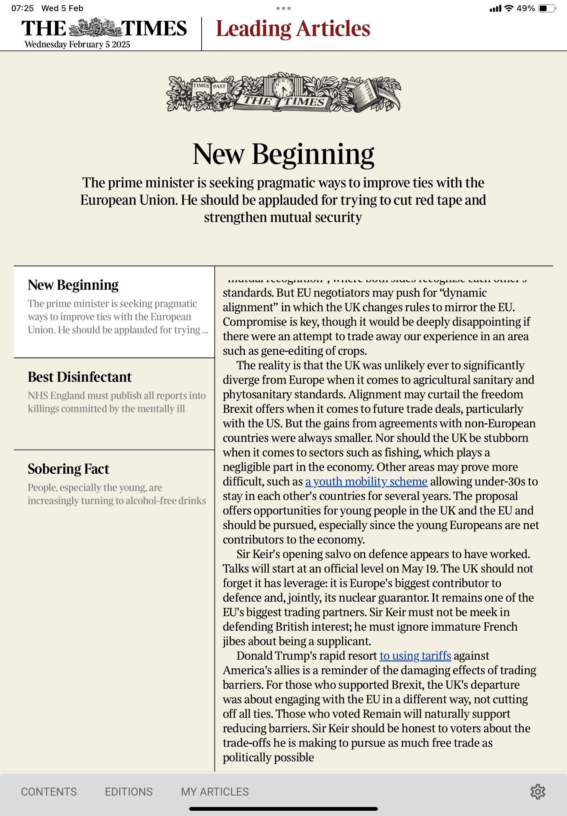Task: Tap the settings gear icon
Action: [538, 792]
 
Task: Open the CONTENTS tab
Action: [49, 792]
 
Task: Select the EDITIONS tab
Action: [129, 792]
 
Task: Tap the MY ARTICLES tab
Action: [215, 792]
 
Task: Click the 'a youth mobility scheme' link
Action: [366, 481]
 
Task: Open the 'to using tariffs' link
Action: [415, 656]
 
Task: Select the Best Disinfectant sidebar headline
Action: [80, 377]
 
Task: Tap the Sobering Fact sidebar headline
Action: [68, 469]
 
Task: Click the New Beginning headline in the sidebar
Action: [73, 285]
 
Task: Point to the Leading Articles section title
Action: [293, 29]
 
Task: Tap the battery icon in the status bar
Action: [546, 8]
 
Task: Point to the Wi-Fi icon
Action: [509, 8]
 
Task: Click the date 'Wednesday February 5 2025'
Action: [77, 44]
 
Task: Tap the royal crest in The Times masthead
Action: [94, 28]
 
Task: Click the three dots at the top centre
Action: [283, 8]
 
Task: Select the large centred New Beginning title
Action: [283, 154]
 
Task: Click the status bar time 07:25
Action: [22, 8]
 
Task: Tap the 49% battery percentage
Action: [526, 8]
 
